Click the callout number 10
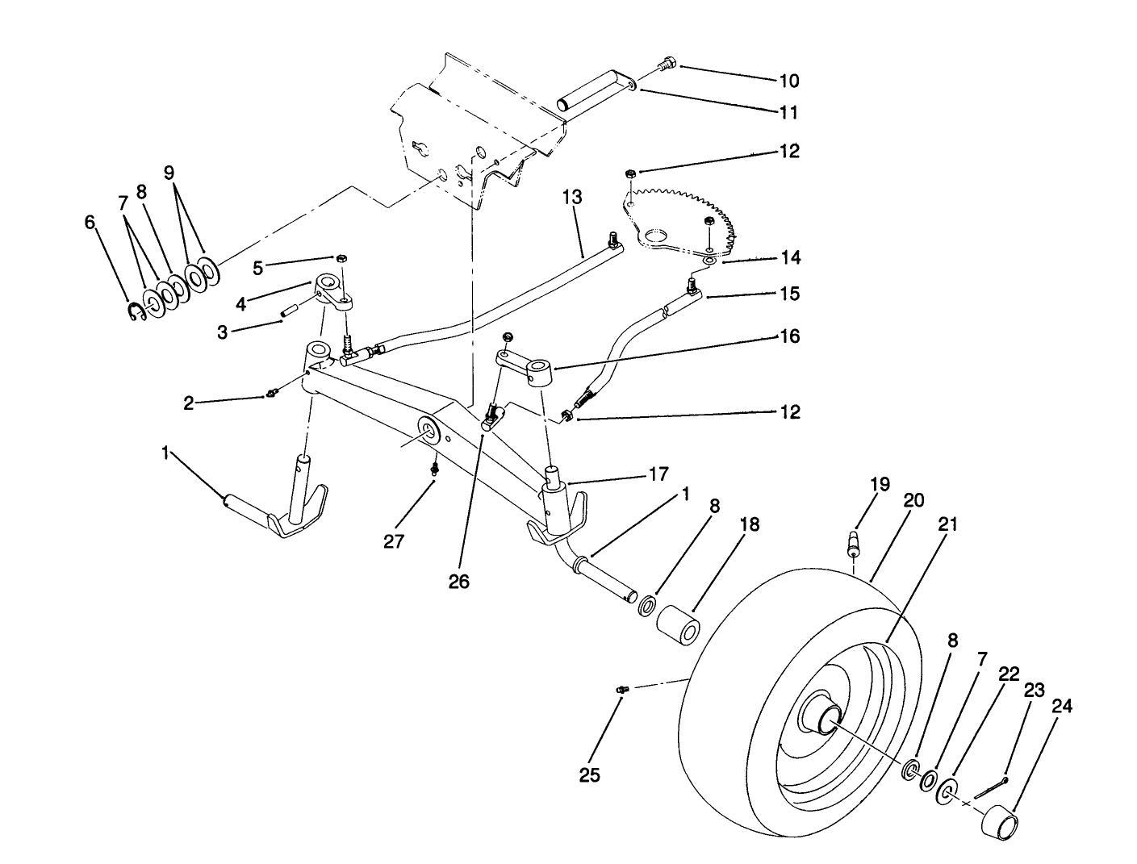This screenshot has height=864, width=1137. [x=788, y=81]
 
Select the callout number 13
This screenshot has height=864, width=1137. [x=571, y=198]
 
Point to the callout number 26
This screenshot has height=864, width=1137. [x=458, y=581]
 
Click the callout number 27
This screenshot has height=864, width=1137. [x=393, y=541]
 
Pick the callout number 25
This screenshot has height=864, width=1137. [x=590, y=775]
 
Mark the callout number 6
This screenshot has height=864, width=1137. [x=90, y=222]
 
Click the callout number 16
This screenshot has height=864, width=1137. [x=789, y=336]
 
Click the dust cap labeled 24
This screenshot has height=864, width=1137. [x=999, y=823]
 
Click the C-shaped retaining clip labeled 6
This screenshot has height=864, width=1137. [x=136, y=314]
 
